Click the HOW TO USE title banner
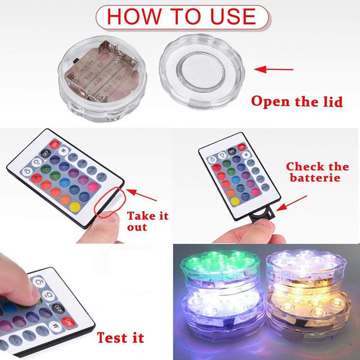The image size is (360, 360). pos(182,17)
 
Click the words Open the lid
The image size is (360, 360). pos(297,102)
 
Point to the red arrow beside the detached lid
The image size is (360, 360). pos(274,69)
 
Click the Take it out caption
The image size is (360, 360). pos(148,221)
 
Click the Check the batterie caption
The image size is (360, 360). pos(317,172)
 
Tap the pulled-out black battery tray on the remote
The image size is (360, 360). pos(262,215)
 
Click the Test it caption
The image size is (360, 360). pos(120,338)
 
